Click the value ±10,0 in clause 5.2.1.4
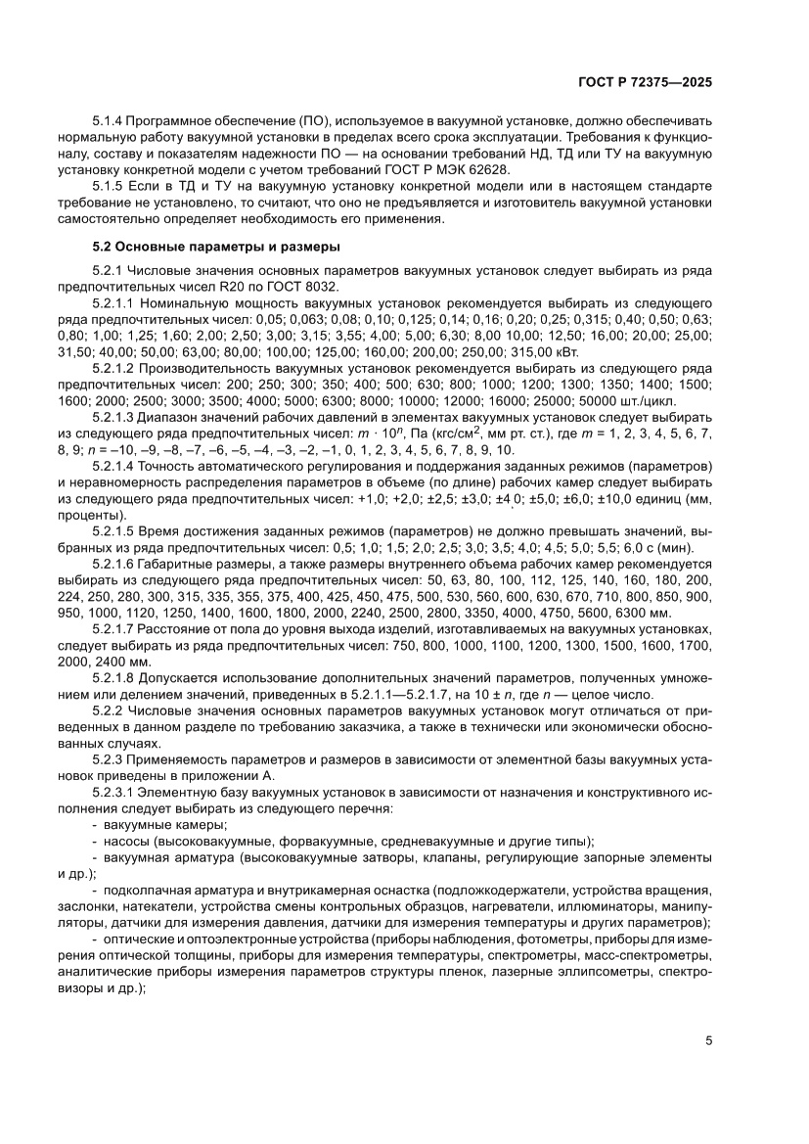(613, 498)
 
